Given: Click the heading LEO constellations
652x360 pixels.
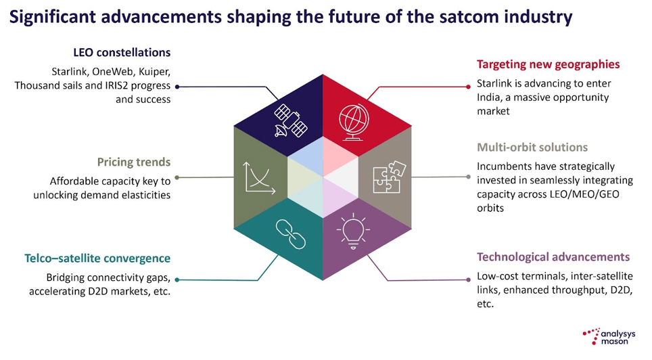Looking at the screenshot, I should click(122, 52).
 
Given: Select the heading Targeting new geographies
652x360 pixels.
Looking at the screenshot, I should click(548, 65).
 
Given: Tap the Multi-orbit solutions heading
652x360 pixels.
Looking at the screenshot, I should click(532, 147).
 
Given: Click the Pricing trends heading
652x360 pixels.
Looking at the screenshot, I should click(134, 162).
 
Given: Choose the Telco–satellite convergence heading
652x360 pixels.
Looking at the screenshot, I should click(97, 258).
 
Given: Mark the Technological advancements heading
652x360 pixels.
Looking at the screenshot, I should click(553, 257).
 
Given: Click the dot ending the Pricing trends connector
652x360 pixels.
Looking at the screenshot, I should click(178, 177).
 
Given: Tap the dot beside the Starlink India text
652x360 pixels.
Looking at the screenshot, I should click(468, 86).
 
